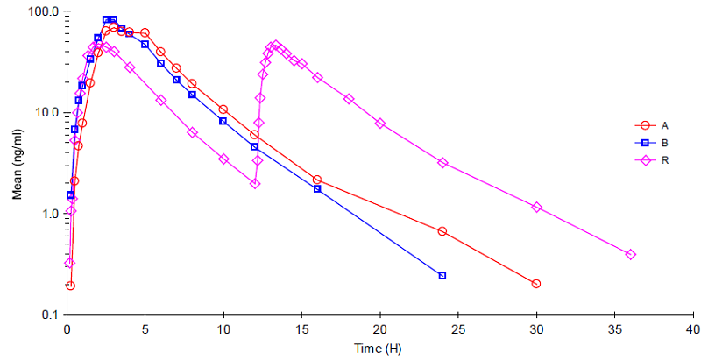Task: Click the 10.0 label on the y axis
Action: coord(46,113)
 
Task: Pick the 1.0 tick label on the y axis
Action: coord(49,214)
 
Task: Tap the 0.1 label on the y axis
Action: coord(49,314)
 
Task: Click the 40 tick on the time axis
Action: coord(693,329)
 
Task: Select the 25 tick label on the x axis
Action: coord(458,329)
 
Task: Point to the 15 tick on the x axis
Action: coord(301,329)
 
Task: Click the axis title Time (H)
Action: coord(378,349)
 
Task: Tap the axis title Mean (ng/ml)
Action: coord(17,163)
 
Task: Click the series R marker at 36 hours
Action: coord(630,255)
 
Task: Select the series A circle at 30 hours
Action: coord(536,284)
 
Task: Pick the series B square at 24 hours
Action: coord(442,276)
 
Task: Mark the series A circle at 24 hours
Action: coord(442,231)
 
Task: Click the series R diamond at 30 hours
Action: coord(536,208)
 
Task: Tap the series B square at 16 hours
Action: coord(317,189)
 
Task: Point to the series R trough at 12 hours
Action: coord(254,184)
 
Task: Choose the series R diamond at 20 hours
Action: coord(380,124)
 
